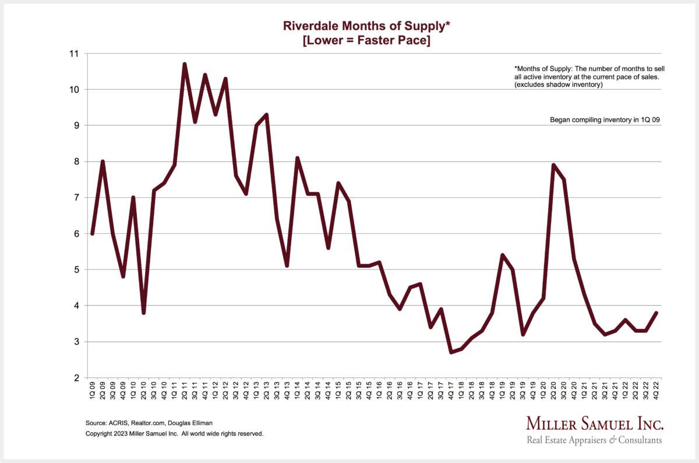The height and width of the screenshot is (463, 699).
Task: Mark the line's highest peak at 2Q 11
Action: pos(184,64)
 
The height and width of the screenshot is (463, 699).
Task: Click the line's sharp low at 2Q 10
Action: pos(143,313)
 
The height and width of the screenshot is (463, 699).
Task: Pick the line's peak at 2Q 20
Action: pos(553,165)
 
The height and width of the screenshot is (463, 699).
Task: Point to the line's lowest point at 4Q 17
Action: pos(451,352)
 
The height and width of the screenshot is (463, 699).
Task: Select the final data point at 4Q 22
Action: pos(656,313)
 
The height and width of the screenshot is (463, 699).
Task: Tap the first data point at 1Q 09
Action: pos(92,233)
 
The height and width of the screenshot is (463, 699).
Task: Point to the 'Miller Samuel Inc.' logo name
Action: pos(594,424)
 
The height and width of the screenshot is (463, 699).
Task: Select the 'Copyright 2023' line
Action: pos(175,434)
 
